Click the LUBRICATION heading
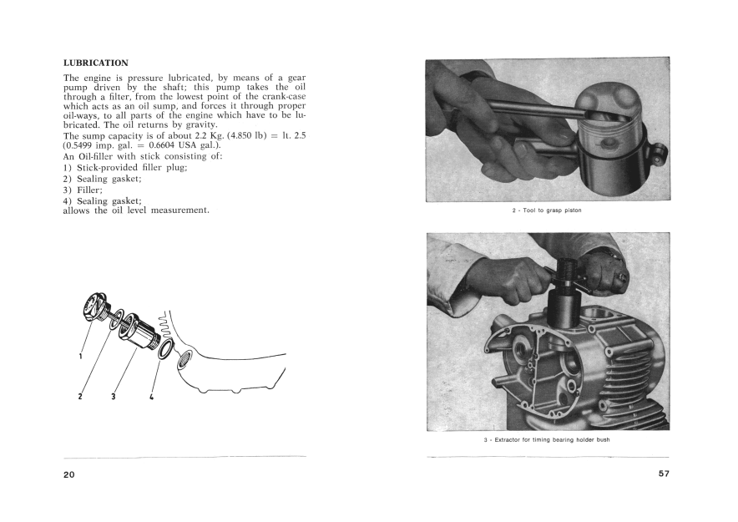(95, 63)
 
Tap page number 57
(663, 474)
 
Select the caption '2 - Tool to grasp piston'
(547, 210)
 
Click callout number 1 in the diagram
(81, 356)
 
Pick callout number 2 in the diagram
(80, 396)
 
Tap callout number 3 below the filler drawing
(113, 396)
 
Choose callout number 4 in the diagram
(152, 396)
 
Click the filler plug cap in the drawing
(94, 305)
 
